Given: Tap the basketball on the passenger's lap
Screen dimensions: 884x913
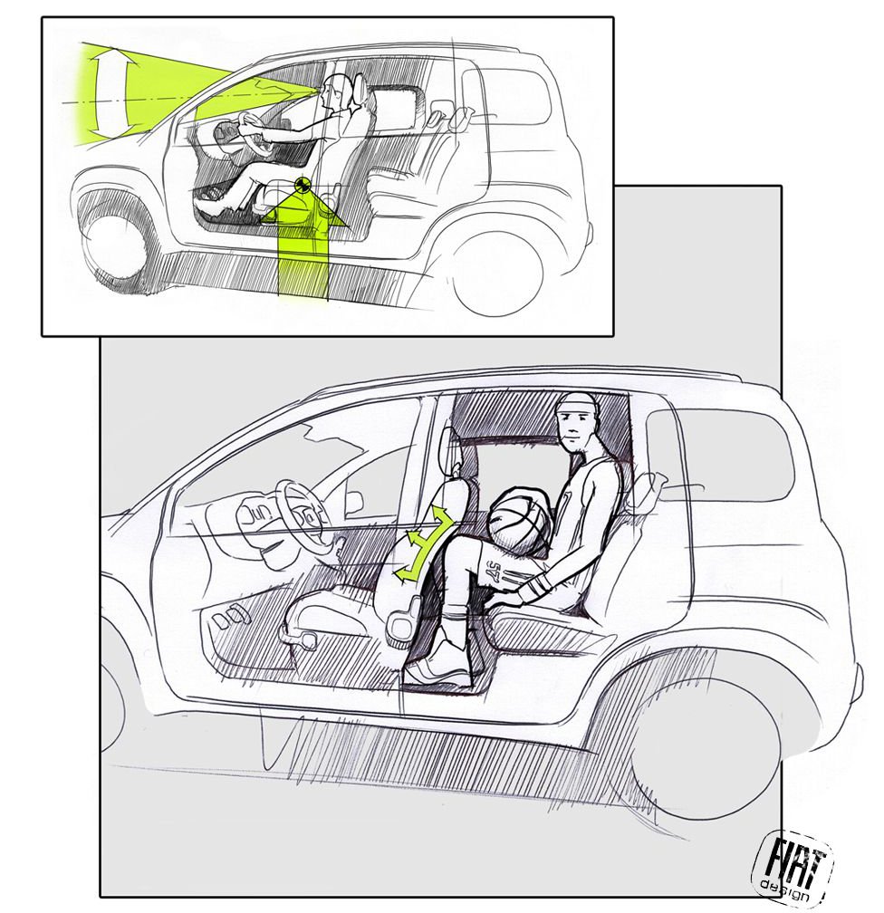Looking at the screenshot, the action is (x=520, y=515).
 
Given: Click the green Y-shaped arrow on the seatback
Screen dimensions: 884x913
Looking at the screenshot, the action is (x=424, y=542).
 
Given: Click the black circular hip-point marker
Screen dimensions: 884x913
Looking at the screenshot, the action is (x=302, y=185).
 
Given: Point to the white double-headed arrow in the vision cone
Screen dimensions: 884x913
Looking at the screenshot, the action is (x=110, y=91).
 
